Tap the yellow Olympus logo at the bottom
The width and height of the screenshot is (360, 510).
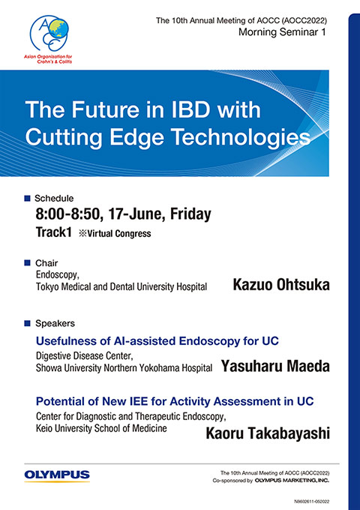(57, 475)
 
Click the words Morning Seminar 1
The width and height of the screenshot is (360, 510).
(282, 31)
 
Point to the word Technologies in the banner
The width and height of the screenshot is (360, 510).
(241, 137)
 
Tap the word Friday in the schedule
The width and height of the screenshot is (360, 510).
(190, 214)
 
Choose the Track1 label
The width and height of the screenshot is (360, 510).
(54, 232)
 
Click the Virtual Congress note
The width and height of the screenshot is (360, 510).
(115, 233)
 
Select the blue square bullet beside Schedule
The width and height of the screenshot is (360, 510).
(27, 198)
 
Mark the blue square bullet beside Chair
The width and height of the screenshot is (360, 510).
(27, 262)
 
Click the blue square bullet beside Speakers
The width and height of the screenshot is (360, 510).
(27, 323)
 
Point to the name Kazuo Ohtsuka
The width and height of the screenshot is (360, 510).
(281, 284)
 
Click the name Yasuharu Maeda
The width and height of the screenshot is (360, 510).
(275, 366)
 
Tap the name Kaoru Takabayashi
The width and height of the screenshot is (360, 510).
(268, 433)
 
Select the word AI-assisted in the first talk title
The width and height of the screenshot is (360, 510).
(140, 340)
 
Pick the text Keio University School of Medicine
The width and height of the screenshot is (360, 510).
(101, 428)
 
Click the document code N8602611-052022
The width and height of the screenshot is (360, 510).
(311, 502)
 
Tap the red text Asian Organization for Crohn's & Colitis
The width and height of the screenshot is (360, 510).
(48, 58)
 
